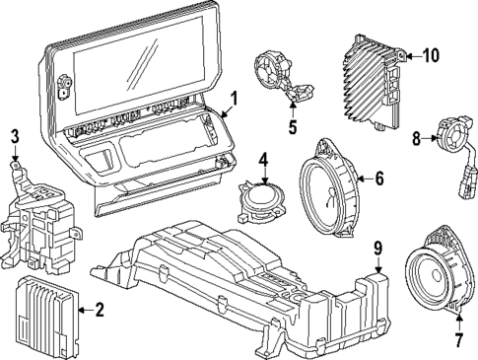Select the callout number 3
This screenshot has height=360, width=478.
[x=15, y=136]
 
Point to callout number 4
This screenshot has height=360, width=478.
[x=263, y=158]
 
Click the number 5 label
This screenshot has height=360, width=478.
[x=292, y=127]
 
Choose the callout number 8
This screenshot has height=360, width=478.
[x=417, y=139]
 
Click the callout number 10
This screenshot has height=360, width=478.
[x=431, y=56]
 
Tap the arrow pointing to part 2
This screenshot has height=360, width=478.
[x=82, y=310]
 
